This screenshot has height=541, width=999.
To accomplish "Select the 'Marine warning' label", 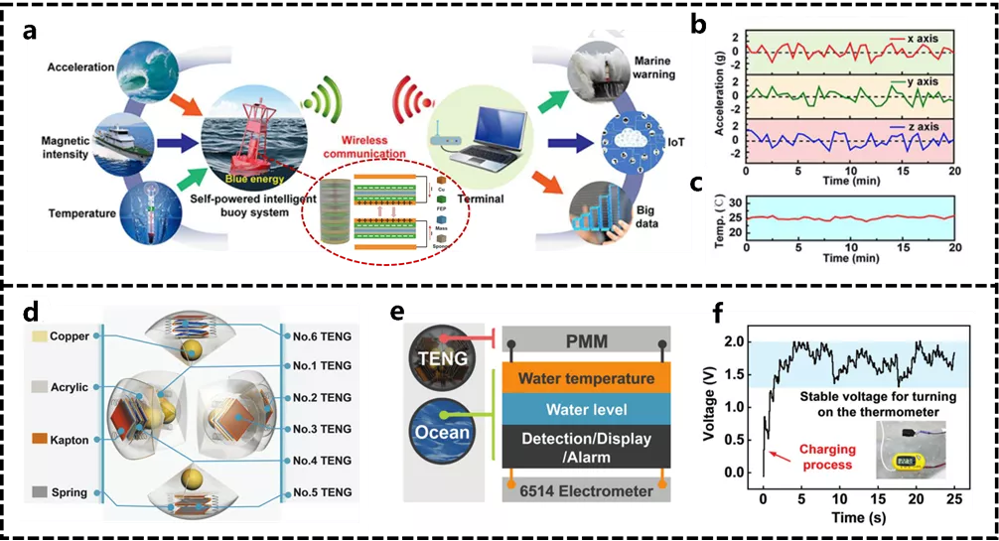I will (x=654, y=67).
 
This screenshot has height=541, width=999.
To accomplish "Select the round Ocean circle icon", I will (x=437, y=432).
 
